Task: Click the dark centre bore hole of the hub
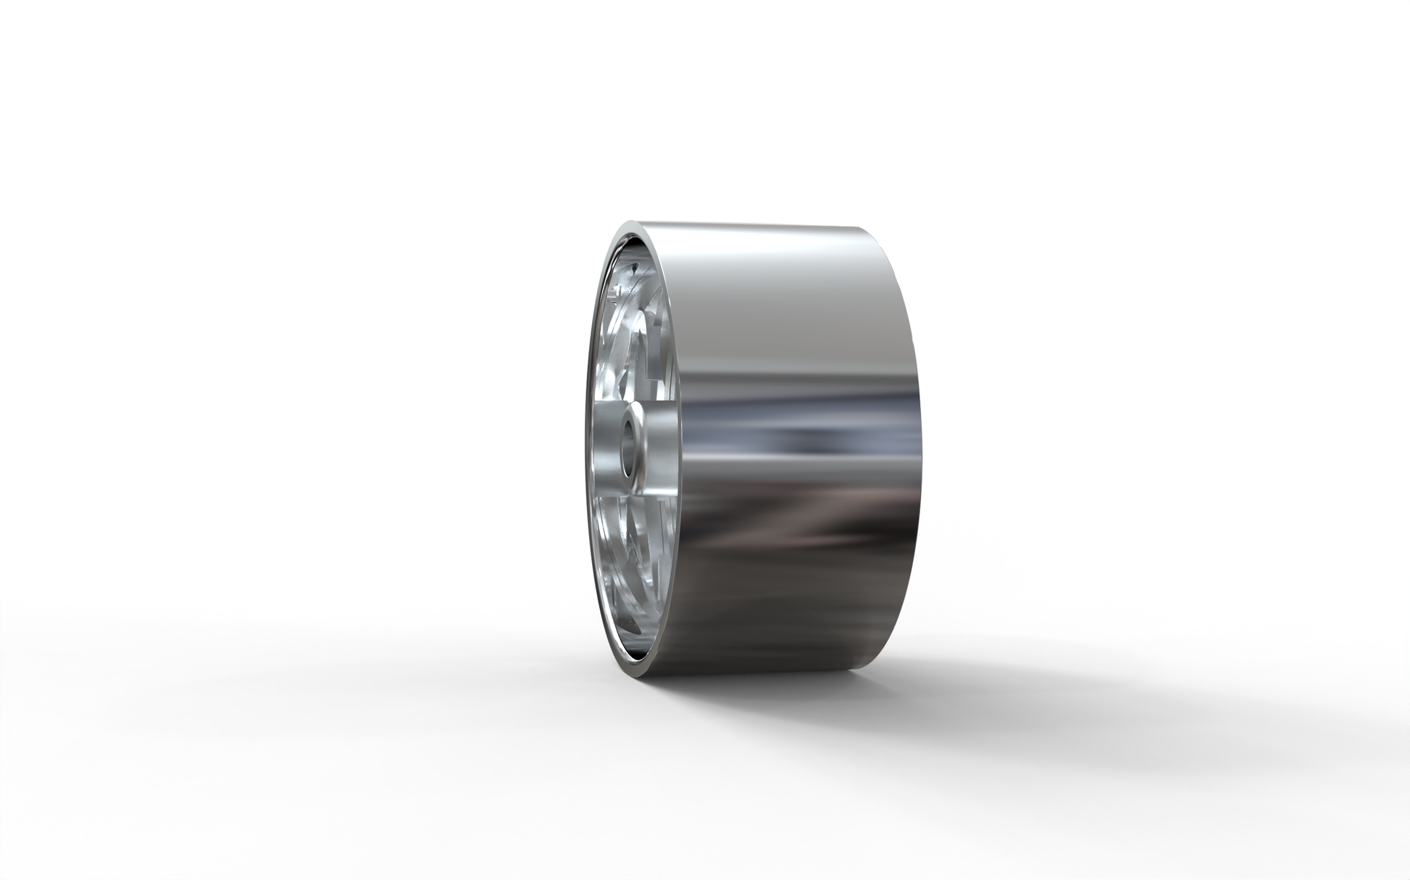[628, 448]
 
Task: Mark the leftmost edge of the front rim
[586, 449]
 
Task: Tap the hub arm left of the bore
[605, 449]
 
